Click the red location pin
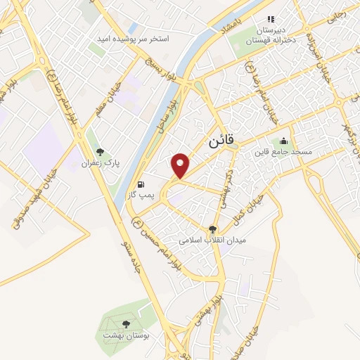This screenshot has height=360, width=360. (x=181, y=166)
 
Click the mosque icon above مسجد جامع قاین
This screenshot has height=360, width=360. (x=283, y=141)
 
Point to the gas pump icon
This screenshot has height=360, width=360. (x=142, y=179)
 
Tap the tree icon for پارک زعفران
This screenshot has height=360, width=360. (x=100, y=152)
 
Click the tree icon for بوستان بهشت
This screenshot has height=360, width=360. (x=125, y=323)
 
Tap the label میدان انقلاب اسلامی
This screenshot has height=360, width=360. (x=210, y=240)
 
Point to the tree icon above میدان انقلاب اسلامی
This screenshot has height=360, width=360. (x=212, y=229)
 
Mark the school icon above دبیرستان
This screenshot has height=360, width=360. (x=269, y=20)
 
